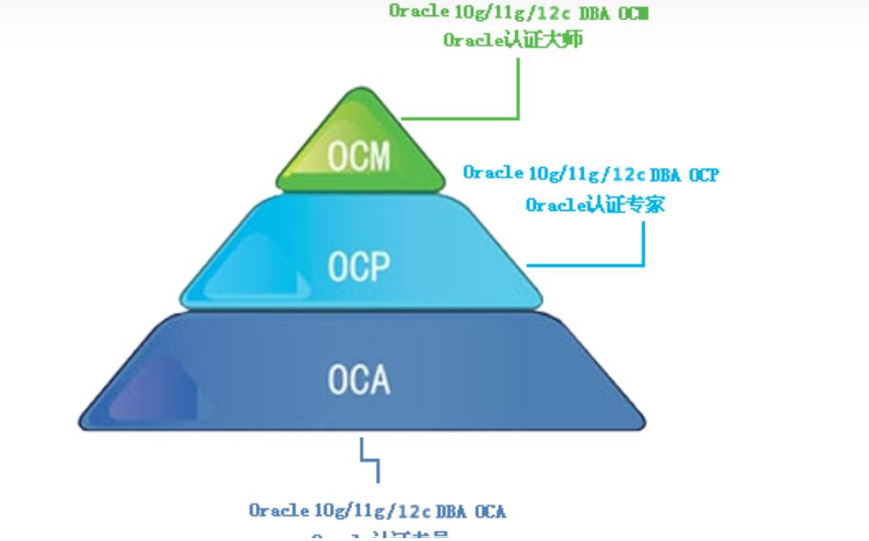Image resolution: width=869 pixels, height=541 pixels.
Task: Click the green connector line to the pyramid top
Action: click(x=518, y=91)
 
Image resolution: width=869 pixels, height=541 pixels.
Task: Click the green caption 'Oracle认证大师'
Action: click(x=512, y=40)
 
